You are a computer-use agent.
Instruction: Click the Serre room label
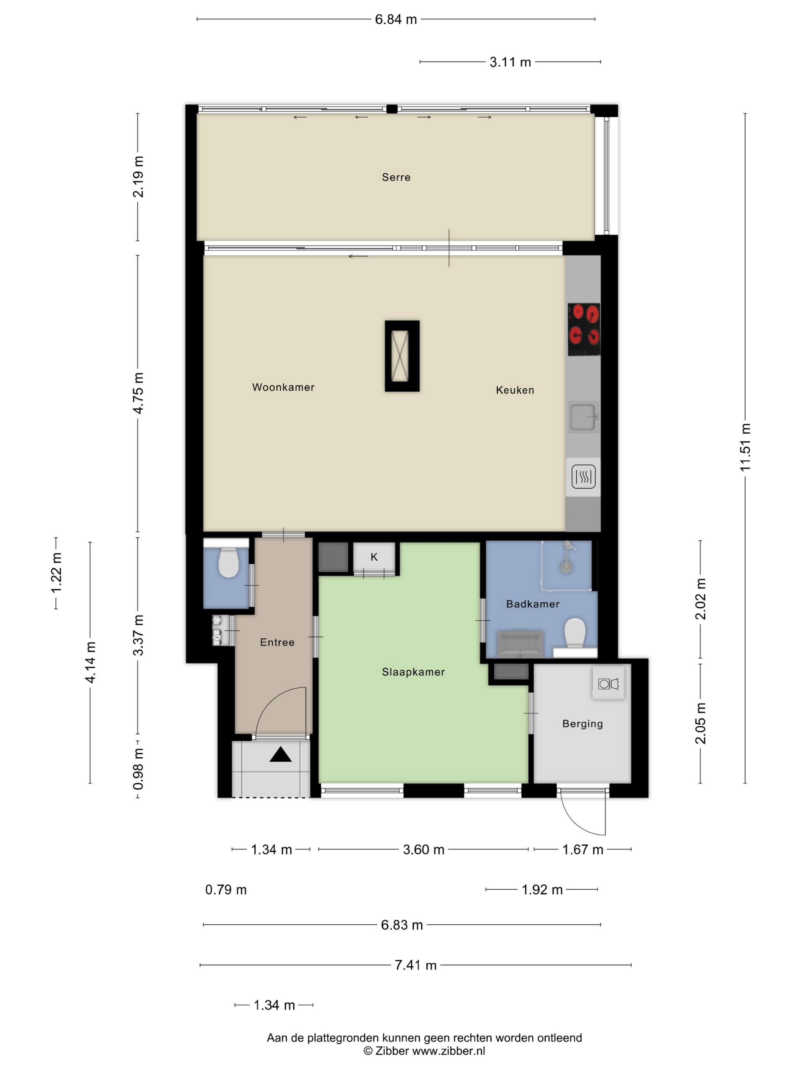tap(396, 178)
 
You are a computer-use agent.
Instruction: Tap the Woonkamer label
tap(283, 387)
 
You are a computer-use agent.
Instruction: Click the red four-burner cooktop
tap(584, 329)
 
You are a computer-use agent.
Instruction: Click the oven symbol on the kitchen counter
tap(583, 476)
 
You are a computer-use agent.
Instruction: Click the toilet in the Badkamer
tap(574, 632)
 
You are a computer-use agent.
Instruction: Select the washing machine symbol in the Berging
tap(608, 683)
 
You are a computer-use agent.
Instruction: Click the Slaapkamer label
tap(413, 672)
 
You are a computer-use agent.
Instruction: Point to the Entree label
tap(277, 642)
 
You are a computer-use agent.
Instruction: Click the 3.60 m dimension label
tap(423, 849)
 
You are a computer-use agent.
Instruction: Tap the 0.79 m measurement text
tap(226, 890)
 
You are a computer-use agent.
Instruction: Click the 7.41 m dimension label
tap(416, 965)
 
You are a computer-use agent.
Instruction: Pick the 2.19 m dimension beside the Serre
tap(138, 177)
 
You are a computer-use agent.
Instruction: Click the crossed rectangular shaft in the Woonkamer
tap(402, 356)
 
